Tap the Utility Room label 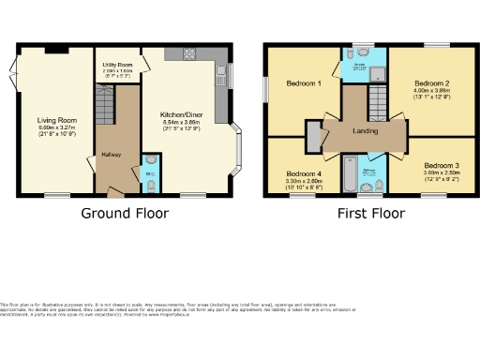(x=118, y=65)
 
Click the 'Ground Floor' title (x=125, y=213)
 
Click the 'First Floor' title (x=371, y=213)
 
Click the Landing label (x=366, y=131)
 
